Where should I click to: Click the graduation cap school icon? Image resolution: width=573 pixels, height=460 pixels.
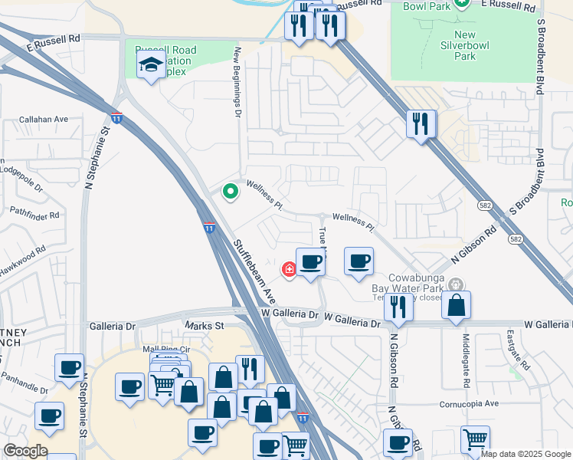click(x=152, y=66)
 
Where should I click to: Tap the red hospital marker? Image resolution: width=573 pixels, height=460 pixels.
click(x=290, y=269)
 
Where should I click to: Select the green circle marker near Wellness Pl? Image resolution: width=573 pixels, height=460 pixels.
click(x=229, y=192)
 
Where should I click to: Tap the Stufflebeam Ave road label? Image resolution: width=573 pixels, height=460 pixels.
click(x=254, y=268)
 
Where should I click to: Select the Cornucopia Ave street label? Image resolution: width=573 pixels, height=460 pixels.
click(x=469, y=403)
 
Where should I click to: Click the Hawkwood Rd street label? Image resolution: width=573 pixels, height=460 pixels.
click(x=23, y=254)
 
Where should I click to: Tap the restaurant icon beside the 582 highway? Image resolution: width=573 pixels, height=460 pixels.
click(x=421, y=123)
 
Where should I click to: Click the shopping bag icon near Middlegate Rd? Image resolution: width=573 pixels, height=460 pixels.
click(x=456, y=305)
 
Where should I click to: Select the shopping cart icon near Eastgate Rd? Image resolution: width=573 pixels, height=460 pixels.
click(x=476, y=439)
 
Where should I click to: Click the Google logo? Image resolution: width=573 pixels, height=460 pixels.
click(x=25, y=451)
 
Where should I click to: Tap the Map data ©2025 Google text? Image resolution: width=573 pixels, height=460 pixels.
click(x=526, y=454)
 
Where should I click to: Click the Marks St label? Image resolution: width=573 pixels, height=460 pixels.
click(x=204, y=326)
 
